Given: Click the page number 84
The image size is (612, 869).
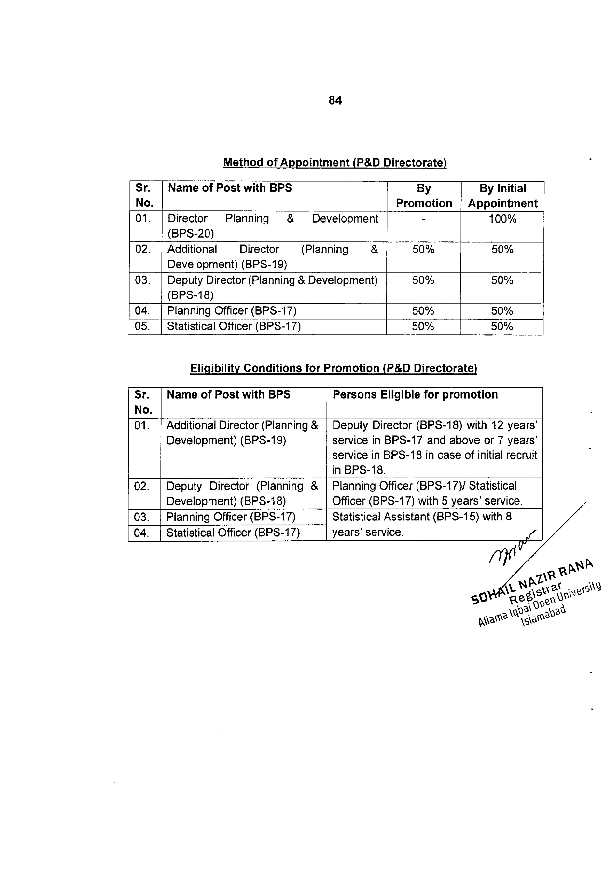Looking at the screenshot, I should pos(335,100).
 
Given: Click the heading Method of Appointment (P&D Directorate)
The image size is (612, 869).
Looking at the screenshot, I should pos(335,163).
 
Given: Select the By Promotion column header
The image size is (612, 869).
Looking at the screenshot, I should pos(424,196).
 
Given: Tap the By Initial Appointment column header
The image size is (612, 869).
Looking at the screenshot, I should pos(502,196).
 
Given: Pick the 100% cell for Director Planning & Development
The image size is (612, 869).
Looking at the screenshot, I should pos(502,219).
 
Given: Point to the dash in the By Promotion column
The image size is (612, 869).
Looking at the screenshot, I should pos(423,220).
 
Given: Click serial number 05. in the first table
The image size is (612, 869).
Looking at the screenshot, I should pos(143,327).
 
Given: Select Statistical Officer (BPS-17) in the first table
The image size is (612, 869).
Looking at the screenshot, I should pos(234,327).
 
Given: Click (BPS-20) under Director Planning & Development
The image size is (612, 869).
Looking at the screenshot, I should pos(191,234).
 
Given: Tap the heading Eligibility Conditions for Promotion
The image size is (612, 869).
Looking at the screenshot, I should pos(334,369).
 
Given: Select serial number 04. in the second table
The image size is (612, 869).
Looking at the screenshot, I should pos(142,533).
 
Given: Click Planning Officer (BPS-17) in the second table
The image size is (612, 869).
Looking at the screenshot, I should pos(231,517).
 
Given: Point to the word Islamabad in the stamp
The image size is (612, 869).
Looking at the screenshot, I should pos(542,616).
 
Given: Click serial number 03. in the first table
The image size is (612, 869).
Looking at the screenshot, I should pos(143,280).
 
